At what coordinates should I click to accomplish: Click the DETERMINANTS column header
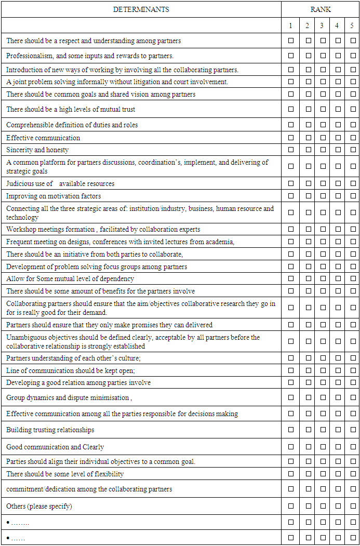tap(141, 9)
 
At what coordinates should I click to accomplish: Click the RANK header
tap(321, 9)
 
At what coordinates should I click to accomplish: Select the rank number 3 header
tap(322, 25)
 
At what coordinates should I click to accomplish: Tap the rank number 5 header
tap(352, 25)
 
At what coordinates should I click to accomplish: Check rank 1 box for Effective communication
tap(291, 138)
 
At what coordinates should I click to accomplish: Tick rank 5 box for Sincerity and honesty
tap(353, 150)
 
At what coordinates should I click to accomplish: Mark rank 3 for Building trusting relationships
tap(323, 430)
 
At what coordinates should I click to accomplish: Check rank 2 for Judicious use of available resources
tap(308, 183)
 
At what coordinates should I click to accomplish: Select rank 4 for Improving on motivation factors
tap(338, 196)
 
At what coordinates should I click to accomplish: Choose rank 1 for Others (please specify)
tap(291, 506)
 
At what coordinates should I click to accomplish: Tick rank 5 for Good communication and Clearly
tap(353, 447)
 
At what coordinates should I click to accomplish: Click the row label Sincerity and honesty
tap(37, 150)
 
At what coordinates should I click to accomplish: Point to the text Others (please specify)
tap(39, 506)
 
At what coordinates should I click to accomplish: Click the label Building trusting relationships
tap(50, 430)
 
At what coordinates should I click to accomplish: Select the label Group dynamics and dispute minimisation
tap(68, 397)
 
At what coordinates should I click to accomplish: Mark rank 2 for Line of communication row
tap(308, 370)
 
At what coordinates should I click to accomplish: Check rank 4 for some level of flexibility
tap(338, 474)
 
